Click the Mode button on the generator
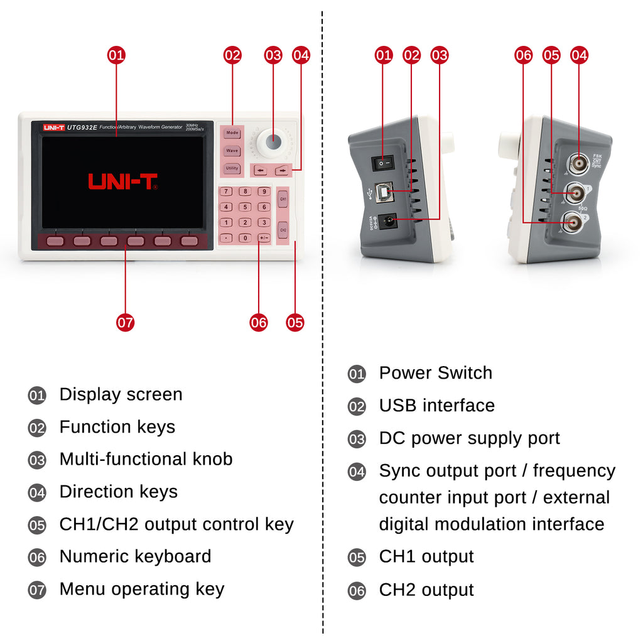232,133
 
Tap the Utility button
232,168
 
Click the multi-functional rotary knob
273,141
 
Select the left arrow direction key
260,170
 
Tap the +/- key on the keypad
264,238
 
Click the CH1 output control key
283,199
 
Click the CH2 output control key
283,230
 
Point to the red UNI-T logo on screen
122,181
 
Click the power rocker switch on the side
382,163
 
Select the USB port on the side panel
384,192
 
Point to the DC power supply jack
387,221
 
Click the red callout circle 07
126,323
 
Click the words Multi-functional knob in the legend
146,459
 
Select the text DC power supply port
469,438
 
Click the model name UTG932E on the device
82,127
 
